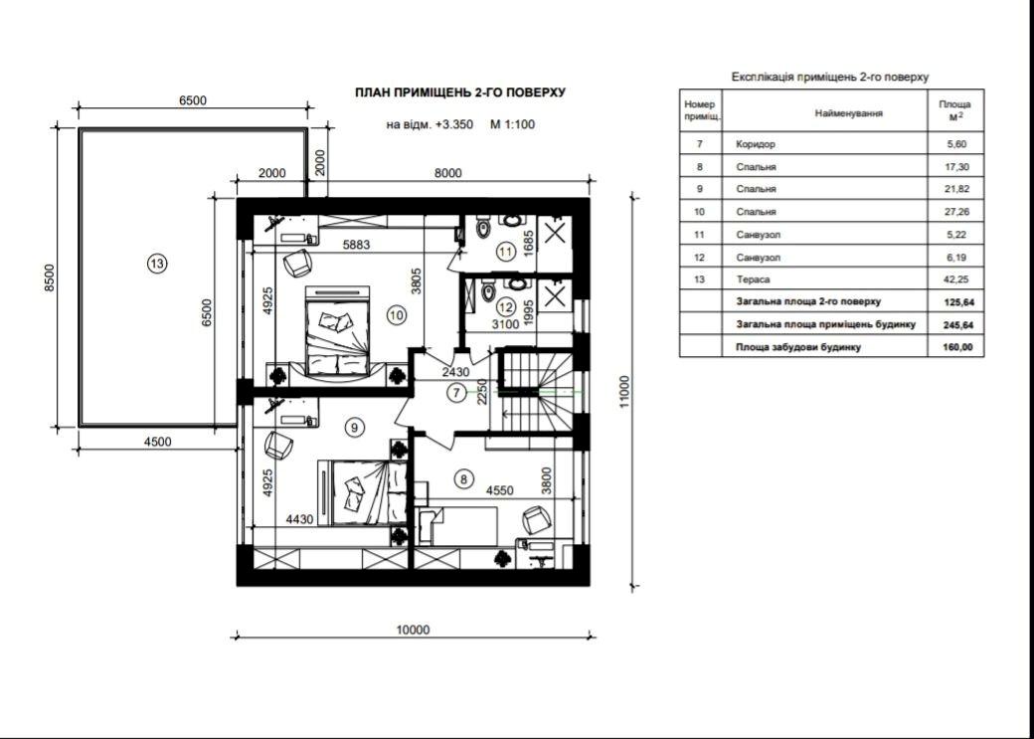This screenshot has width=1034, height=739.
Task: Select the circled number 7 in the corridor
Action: pyautogui.click(x=455, y=393)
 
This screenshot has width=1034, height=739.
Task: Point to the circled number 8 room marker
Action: pyautogui.click(x=464, y=479)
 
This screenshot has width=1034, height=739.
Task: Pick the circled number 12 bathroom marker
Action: pyautogui.click(x=506, y=306)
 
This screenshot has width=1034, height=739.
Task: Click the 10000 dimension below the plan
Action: pyautogui.click(x=414, y=630)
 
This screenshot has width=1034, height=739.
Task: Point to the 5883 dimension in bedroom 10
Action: pyautogui.click(x=356, y=244)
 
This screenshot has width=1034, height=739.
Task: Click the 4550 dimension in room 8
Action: pyautogui.click(x=499, y=490)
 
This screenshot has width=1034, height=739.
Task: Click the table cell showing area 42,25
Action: pyautogui.click(x=955, y=279)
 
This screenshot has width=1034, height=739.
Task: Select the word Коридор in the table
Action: pyautogui.click(x=755, y=144)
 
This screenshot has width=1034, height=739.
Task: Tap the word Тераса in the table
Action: pyautogui.click(x=753, y=279)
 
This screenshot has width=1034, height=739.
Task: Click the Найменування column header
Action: pyautogui.click(x=849, y=113)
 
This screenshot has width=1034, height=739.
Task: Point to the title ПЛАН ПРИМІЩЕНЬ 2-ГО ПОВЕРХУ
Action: pyautogui.click(x=460, y=93)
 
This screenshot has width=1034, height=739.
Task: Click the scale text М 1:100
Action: pyautogui.click(x=512, y=124)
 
